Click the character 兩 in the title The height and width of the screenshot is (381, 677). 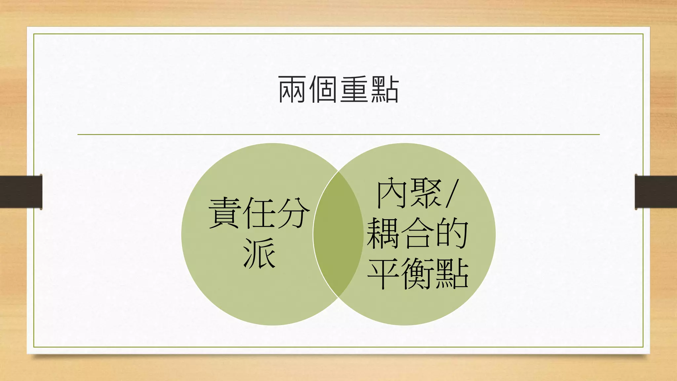(292, 89)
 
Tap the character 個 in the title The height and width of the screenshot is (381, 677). (323, 89)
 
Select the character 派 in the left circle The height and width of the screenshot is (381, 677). (259, 253)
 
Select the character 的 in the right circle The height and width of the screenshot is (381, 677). (452, 233)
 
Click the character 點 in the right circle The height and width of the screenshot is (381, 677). (452, 274)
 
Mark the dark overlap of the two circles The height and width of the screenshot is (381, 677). (338, 234)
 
